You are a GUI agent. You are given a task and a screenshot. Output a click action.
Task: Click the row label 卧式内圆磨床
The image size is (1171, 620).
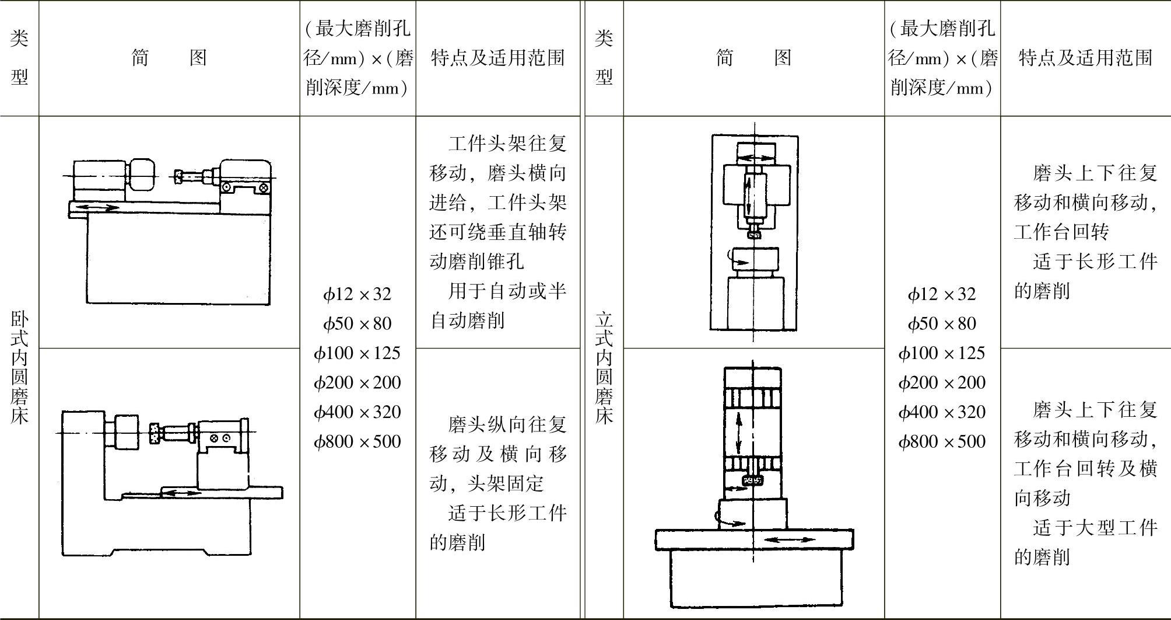(19, 367)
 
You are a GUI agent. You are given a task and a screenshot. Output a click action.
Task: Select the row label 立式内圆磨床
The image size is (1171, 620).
(604, 367)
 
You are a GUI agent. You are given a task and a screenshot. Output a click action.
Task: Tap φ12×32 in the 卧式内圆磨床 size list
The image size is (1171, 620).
(357, 294)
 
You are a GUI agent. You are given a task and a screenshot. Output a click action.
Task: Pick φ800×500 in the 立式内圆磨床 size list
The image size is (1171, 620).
(942, 441)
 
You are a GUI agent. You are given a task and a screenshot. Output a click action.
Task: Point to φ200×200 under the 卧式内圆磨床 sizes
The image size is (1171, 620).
(357, 382)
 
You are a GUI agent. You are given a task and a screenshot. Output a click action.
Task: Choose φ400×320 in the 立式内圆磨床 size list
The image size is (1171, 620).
(942, 412)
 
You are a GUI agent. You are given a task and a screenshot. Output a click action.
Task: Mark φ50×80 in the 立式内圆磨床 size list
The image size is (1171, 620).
(942, 323)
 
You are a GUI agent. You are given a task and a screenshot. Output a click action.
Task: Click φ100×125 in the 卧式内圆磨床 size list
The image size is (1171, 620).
(357, 353)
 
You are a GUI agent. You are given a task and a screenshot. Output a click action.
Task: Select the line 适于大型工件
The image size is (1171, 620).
(1095, 528)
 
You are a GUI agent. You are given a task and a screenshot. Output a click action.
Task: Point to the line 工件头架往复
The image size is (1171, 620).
(507, 144)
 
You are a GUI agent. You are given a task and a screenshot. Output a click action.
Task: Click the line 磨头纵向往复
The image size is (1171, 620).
(507, 424)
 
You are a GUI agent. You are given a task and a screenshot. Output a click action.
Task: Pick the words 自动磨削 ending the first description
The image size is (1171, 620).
(467, 321)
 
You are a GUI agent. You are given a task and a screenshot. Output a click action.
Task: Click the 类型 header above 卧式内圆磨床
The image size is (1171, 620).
(19, 57)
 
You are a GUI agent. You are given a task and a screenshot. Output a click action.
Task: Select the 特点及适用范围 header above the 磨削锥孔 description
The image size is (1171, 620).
(497, 57)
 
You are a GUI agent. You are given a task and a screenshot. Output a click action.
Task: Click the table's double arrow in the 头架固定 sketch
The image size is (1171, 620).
(181, 493)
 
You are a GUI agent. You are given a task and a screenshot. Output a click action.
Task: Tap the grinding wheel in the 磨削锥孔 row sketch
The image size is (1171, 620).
(178, 175)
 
